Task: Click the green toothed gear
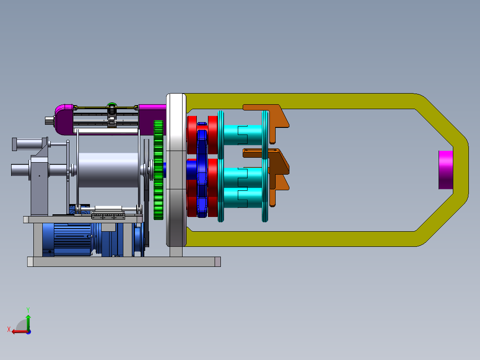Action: [158, 170]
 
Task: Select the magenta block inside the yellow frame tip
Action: [446, 170]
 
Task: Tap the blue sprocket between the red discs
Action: [202, 170]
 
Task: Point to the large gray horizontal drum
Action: [109, 170]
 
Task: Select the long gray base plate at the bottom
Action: [124, 262]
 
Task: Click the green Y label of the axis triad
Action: [28, 310]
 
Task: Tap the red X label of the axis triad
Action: [9, 329]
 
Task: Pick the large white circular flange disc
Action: [176, 170]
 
